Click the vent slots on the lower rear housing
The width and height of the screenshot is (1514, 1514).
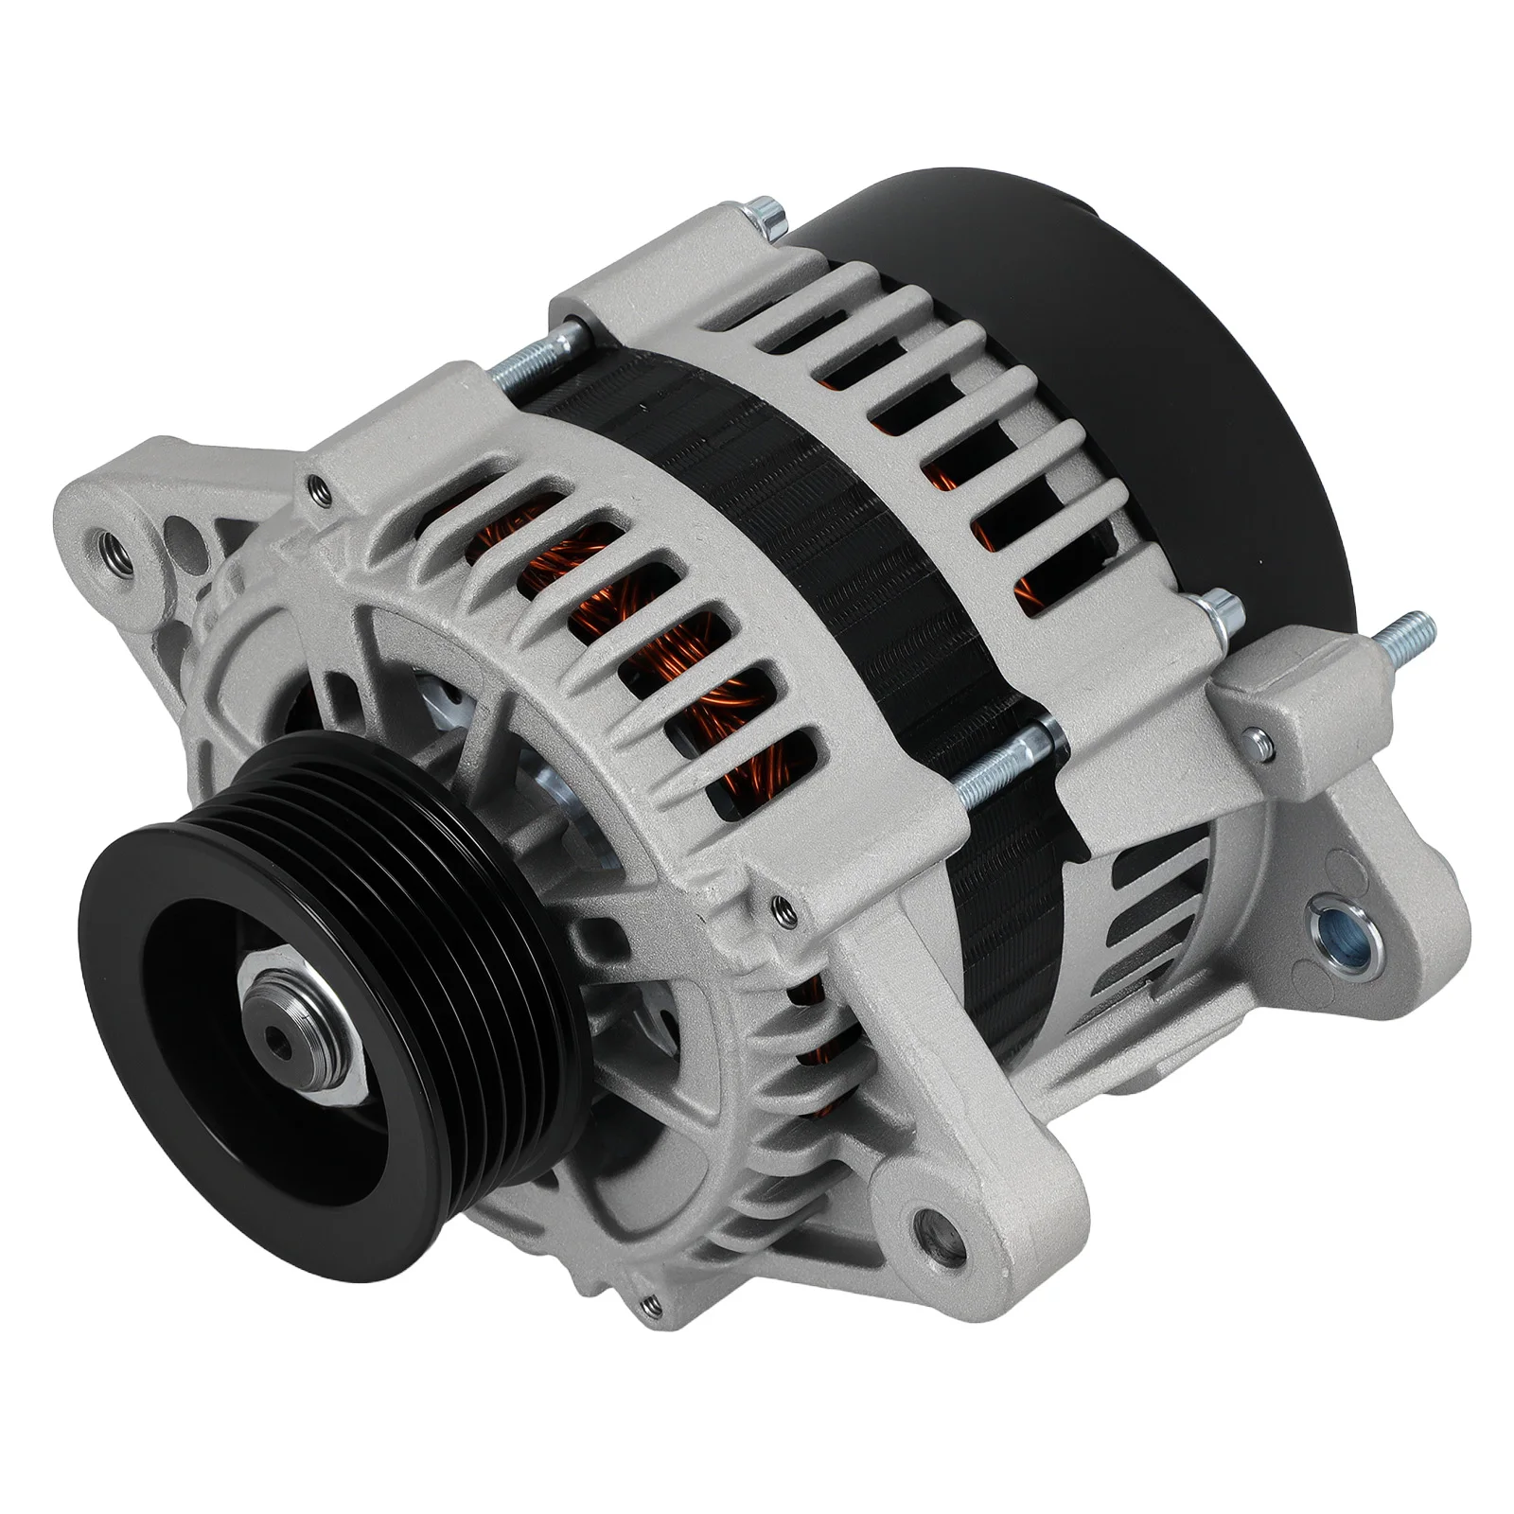point(1154,908)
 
